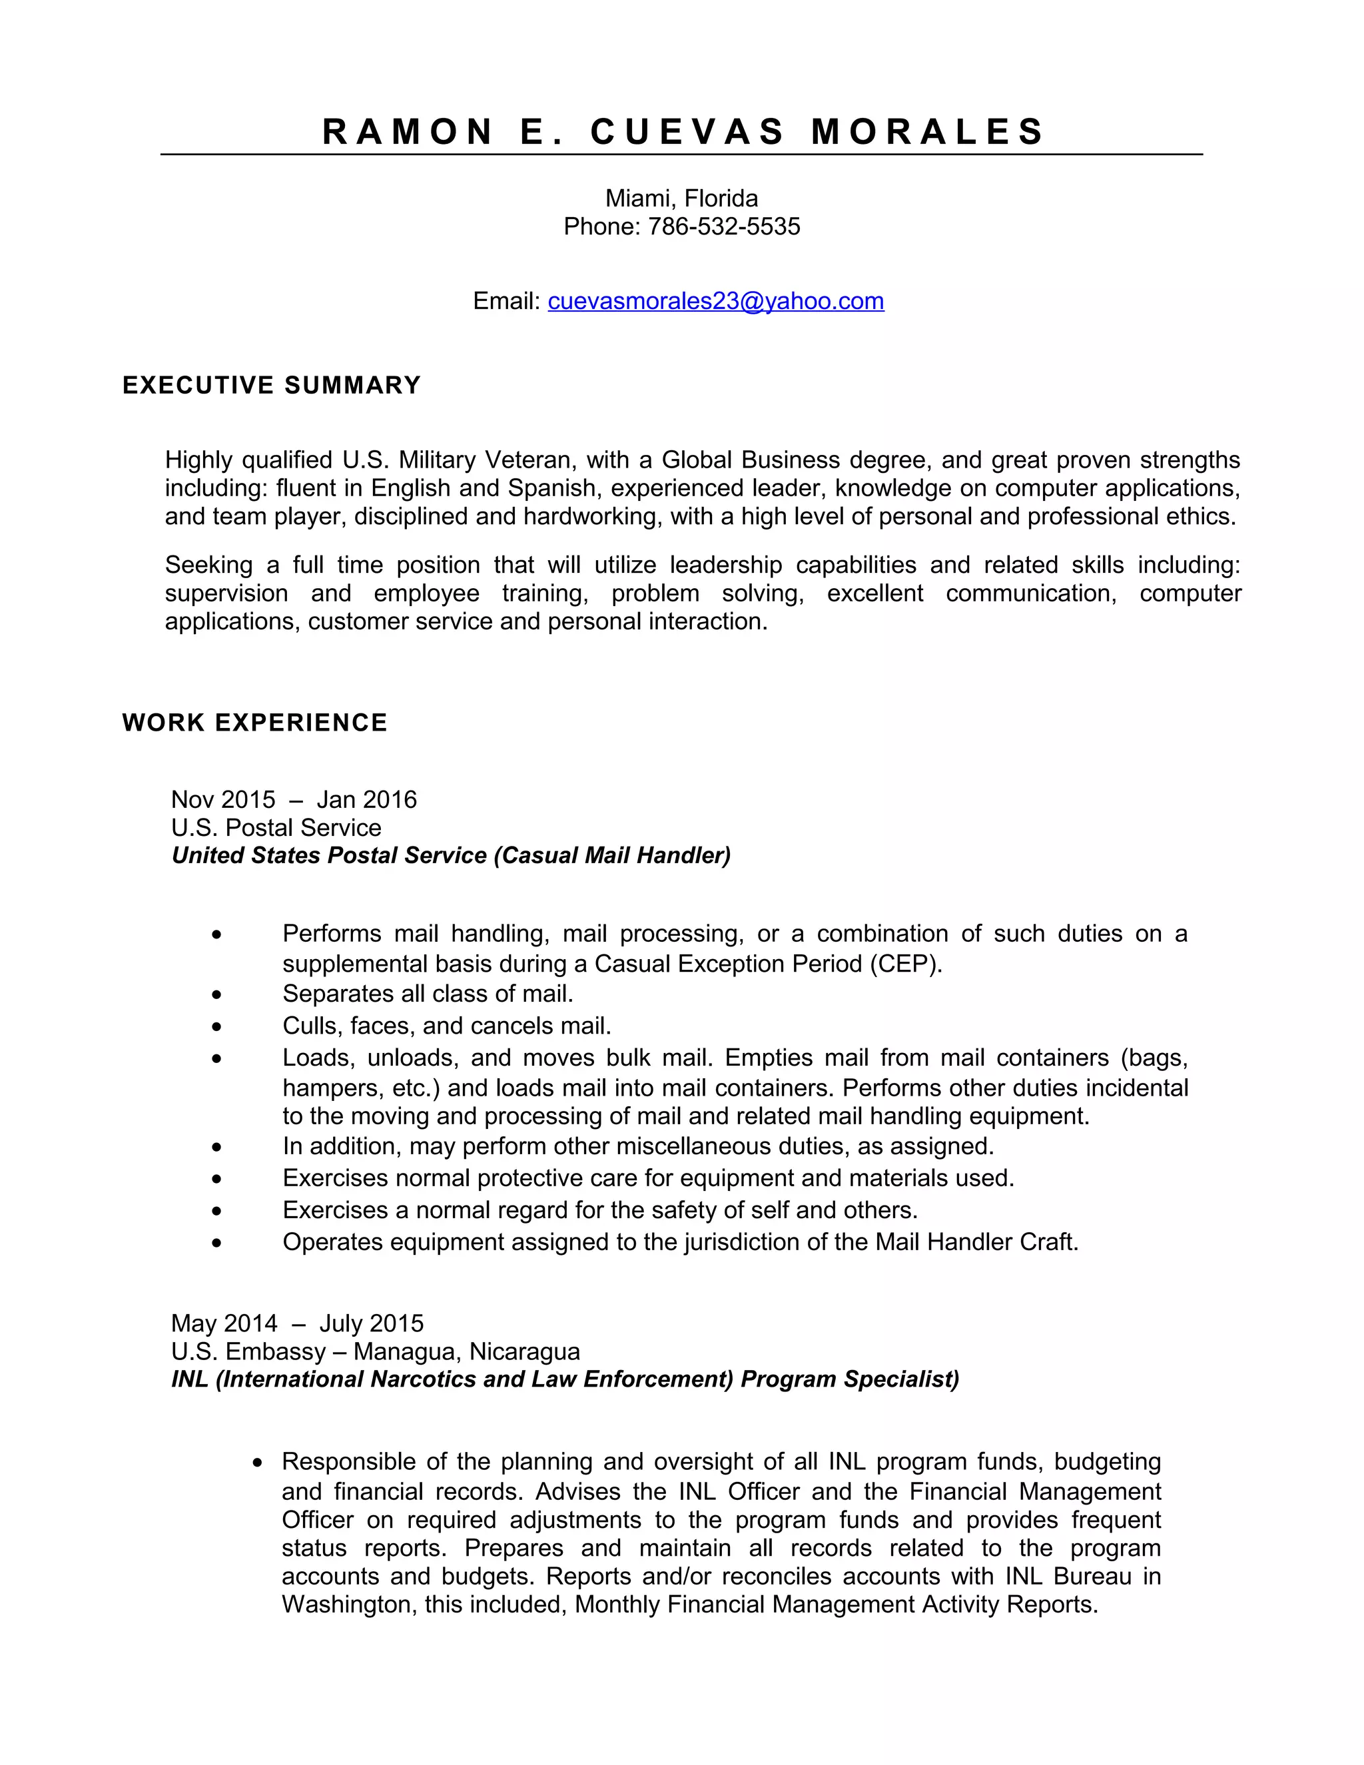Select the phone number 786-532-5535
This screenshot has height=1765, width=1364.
tap(724, 226)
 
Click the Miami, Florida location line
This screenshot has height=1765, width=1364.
tap(681, 198)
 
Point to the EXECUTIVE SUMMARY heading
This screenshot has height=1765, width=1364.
tap(272, 385)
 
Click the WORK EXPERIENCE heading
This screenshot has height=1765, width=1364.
tap(254, 723)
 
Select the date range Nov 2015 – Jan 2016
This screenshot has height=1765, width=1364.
tap(293, 799)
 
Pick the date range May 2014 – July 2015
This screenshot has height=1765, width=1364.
tap(296, 1323)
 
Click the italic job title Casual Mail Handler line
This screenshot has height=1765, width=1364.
tap(451, 855)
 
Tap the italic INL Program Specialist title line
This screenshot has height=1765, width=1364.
tap(565, 1379)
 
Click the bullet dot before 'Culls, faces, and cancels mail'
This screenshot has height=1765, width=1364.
tap(216, 1027)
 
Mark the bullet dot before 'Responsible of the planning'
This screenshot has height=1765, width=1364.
tap(258, 1463)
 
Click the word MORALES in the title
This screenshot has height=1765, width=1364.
tap(927, 132)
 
